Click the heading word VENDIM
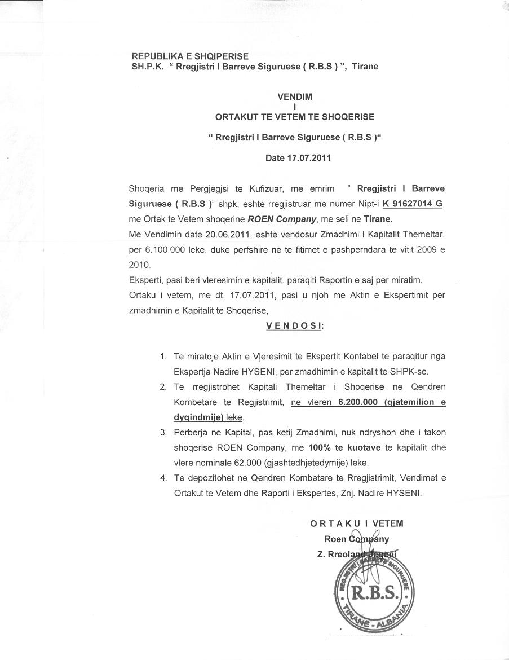tap(295, 96)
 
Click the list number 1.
tap(163, 357)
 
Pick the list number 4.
tap(163, 478)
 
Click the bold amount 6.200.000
tap(358, 402)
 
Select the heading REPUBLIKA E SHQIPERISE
tap(190, 56)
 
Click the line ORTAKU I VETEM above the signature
tap(357, 523)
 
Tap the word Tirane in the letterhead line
tap(365, 67)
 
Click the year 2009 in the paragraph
tap(427, 249)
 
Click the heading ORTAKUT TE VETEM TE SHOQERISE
tap(295, 117)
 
